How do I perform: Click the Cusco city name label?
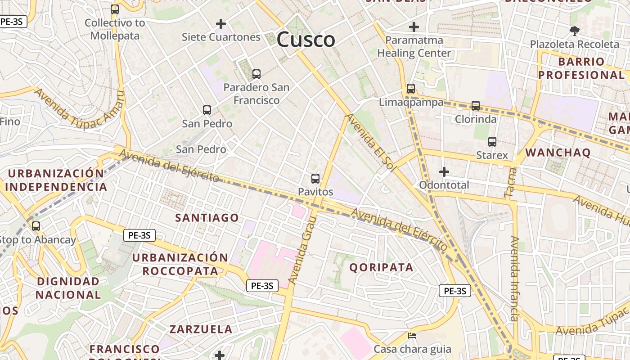pos(306,40)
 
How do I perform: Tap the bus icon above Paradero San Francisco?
pos(256,74)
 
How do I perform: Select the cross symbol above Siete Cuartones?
pos(221,23)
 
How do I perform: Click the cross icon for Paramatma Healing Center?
pos(414,27)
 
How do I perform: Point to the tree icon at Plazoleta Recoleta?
pos(574,31)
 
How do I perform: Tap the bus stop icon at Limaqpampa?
pos(411,89)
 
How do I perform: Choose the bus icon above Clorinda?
pos(476,106)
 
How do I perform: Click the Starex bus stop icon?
pos(492,142)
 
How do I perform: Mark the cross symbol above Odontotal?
pos(444,172)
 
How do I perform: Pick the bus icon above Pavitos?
pos(315,179)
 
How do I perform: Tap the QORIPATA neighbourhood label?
pos(381,267)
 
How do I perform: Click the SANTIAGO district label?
pos(207,218)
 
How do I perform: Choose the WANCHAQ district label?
pos(558,153)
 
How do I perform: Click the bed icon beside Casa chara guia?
pos(412,336)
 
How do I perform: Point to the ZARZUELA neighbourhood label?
pos(201,329)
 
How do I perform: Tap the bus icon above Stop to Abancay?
pos(36,226)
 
